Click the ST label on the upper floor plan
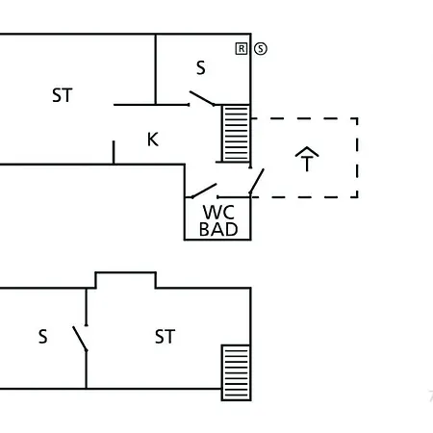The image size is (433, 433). (x=63, y=95)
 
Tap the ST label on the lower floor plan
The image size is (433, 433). (x=165, y=337)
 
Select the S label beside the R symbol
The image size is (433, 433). (x=201, y=68)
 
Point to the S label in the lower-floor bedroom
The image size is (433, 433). (x=43, y=337)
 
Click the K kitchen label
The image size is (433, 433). (x=153, y=140)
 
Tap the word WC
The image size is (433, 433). (x=218, y=212)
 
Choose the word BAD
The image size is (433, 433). (x=218, y=229)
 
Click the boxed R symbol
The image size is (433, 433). (x=242, y=49)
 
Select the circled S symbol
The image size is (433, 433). (x=261, y=49)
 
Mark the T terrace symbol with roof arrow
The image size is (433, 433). (x=307, y=159)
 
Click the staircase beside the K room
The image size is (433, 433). (x=236, y=134)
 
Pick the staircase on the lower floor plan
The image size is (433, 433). (x=236, y=372)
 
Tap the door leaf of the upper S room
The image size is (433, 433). (x=202, y=98)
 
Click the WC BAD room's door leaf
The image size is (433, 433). (x=204, y=191)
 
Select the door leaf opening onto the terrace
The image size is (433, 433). (x=257, y=181)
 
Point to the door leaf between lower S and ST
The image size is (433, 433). (x=80, y=339)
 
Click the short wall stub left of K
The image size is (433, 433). (x=114, y=152)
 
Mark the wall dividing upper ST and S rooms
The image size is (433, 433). (x=156, y=69)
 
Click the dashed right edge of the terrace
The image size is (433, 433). (x=357, y=158)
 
